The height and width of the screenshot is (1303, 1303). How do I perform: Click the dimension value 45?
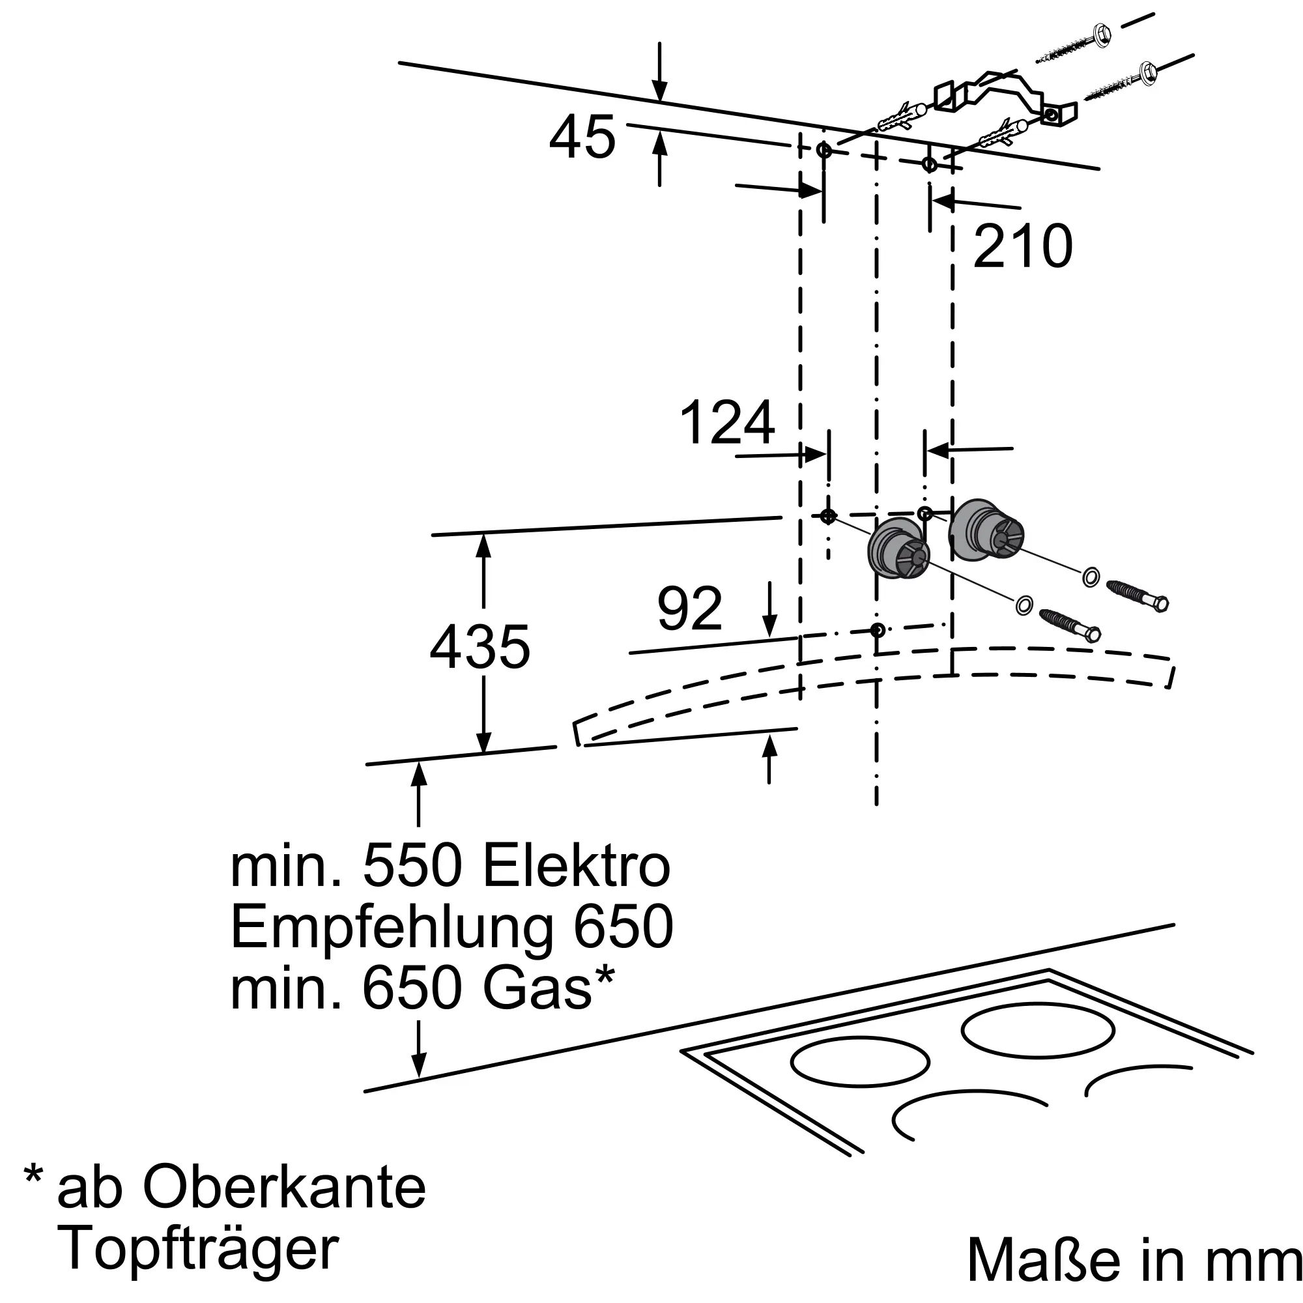[x=582, y=137]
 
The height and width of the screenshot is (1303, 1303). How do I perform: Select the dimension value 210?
[x=1022, y=246]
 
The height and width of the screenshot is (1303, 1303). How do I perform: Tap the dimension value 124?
[x=727, y=423]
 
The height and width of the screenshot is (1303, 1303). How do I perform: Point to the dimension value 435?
[x=480, y=648]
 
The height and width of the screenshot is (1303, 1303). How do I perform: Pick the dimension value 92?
[x=689, y=609]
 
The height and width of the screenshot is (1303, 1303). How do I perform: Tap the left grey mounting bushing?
[x=897, y=553]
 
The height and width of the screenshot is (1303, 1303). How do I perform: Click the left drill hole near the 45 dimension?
[x=824, y=150]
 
